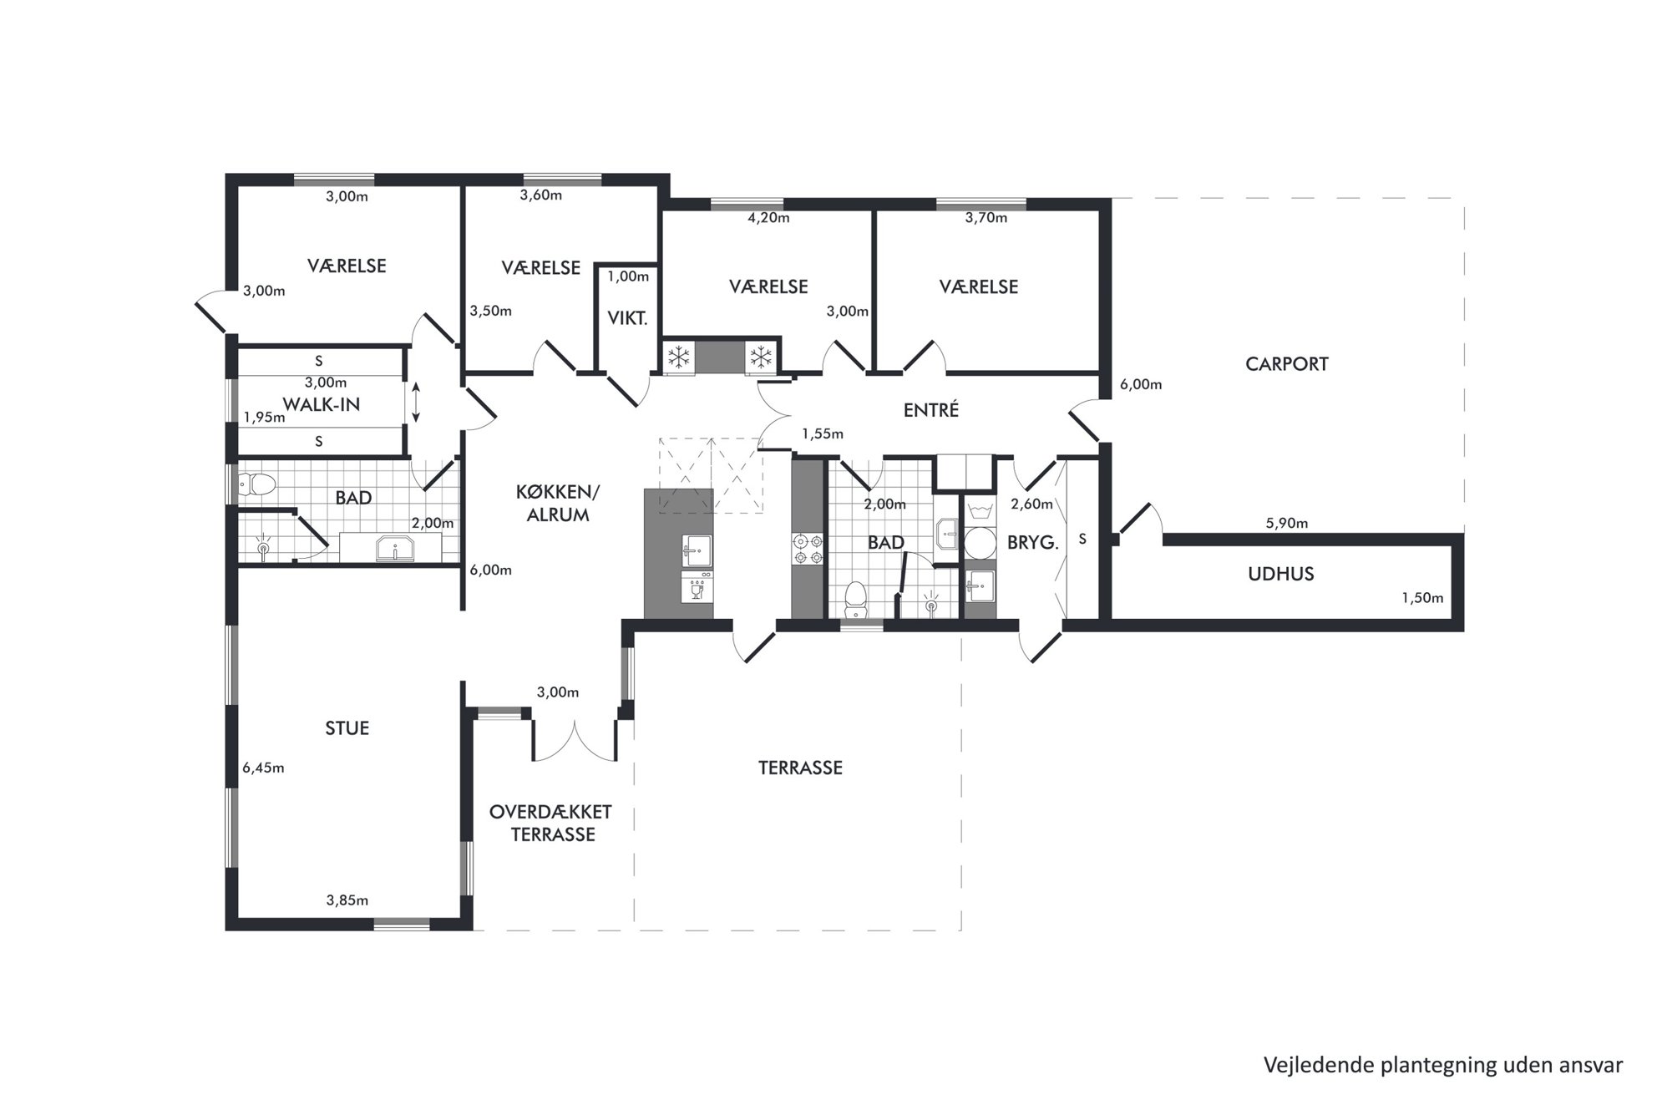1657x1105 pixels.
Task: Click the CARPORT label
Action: (x=1286, y=364)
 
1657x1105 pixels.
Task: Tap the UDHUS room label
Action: (x=1280, y=574)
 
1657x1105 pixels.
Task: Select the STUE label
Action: (x=347, y=728)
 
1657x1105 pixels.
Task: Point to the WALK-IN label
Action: (x=322, y=404)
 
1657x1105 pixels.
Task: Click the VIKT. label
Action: (x=627, y=318)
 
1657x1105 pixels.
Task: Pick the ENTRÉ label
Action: (x=931, y=410)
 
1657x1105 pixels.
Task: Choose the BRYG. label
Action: (x=1032, y=543)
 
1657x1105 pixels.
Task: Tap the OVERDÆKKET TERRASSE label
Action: (x=551, y=823)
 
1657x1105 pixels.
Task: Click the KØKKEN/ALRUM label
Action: (x=558, y=504)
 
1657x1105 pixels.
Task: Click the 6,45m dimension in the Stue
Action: (x=263, y=768)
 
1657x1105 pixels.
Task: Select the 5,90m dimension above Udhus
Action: (x=1287, y=524)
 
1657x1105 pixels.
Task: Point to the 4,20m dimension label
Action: (x=768, y=218)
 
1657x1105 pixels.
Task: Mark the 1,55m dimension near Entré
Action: (x=823, y=434)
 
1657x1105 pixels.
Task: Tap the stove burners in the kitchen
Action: (x=808, y=549)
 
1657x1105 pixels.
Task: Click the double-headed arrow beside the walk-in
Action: (x=416, y=403)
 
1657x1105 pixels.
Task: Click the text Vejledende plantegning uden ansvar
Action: (x=1443, y=1066)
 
